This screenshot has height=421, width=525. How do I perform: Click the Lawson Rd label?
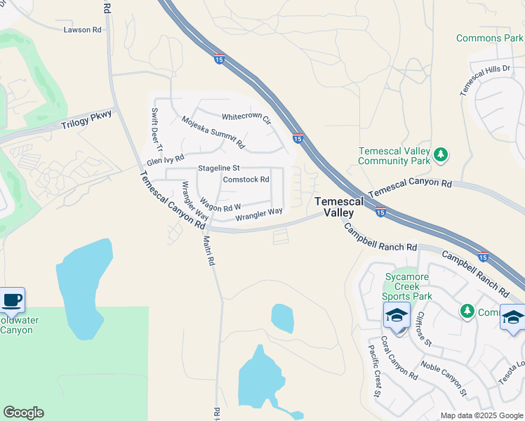coord(82,30)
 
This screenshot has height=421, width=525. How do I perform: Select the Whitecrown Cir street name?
coord(246,119)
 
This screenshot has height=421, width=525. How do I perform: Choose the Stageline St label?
coord(219,168)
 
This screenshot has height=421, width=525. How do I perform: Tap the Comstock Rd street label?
coord(246,180)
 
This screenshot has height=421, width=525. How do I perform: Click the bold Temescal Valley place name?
coord(340,206)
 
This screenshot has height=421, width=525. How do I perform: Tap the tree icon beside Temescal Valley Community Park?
coord(441,154)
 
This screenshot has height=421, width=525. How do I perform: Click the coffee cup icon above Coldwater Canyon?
coord(12,300)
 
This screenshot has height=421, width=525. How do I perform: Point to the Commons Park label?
coord(489,38)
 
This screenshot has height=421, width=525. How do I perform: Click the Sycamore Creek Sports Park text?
coord(411,286)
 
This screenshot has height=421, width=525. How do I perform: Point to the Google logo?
coord(23,413)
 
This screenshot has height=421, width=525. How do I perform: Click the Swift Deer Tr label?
coord(157,131)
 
